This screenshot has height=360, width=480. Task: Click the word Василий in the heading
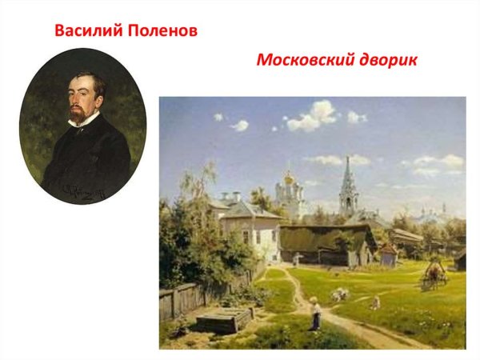coord(86,31)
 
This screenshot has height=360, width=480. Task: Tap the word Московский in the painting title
coord(307,61)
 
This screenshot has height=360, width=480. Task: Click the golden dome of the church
coord(287,178)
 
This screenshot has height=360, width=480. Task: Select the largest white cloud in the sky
coord(314,118)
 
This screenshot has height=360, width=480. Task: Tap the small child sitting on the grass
coord(374,302)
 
